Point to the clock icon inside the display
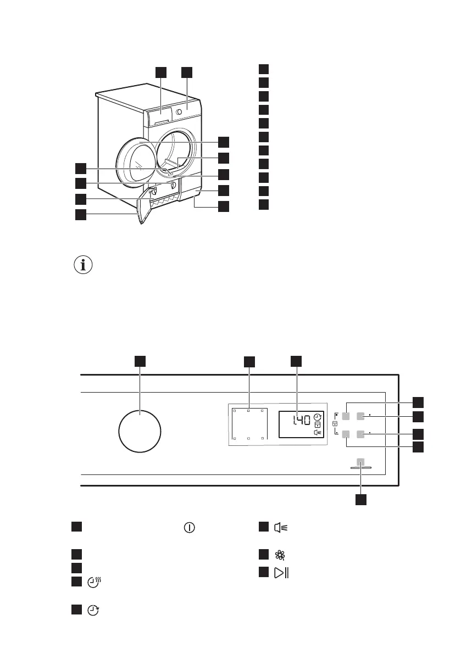[317, 417]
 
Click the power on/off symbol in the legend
[189, 528]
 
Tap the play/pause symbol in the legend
[281, 573]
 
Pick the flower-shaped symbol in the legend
[279, 555]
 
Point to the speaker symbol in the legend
[281, 528]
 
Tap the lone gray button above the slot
[360, 462]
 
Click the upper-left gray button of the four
[347, 417]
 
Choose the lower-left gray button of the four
[347, 434]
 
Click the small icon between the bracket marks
[335, 425]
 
